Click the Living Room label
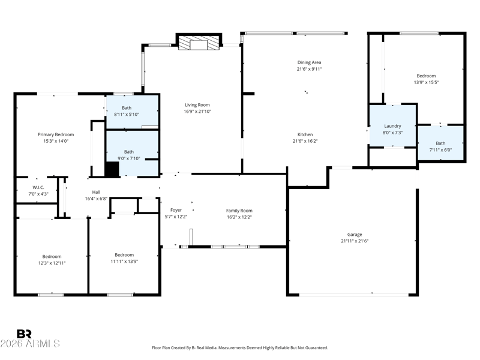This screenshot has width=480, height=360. [197, 105]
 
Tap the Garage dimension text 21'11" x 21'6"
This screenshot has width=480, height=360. [355, 241]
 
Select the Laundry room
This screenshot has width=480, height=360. [392, 126]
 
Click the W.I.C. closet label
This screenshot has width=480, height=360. [38, 187]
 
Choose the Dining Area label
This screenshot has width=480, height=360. [309, 62]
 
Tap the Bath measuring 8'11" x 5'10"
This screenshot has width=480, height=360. [132, 112]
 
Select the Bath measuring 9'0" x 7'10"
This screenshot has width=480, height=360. [132, 154]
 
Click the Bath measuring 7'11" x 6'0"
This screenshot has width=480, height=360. [440, 143]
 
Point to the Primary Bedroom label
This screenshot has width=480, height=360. [56, 134]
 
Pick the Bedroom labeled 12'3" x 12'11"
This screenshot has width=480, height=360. [52, 257]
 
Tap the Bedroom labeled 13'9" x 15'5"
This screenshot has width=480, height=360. [424, 79]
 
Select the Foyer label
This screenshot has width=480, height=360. [176, 210]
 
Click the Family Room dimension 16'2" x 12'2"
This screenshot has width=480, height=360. [239, 217]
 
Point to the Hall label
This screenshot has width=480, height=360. [96, 192]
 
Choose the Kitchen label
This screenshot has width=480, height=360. [305, 134]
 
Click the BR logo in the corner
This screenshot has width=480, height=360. [24, 334]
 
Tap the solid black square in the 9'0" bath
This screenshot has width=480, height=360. [112, 169]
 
